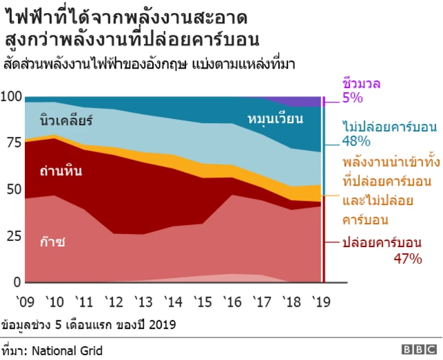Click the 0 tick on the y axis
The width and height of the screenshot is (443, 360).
pyautogui.click(x=18, y=282)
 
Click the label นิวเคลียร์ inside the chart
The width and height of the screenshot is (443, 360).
pyautogui.click(x=66, y=121)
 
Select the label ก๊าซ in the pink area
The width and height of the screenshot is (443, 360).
pyautogui.click(x=53, y=242)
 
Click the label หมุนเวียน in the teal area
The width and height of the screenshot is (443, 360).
pyautogui.click(x=275, y=120)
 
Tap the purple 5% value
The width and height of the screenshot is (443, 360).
pyautogui.click(x=352, y=98)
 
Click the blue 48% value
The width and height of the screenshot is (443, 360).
pyautogui.click(x=356, y=141)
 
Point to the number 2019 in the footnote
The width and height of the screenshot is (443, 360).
pyautogui.click(x=163, y=325)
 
